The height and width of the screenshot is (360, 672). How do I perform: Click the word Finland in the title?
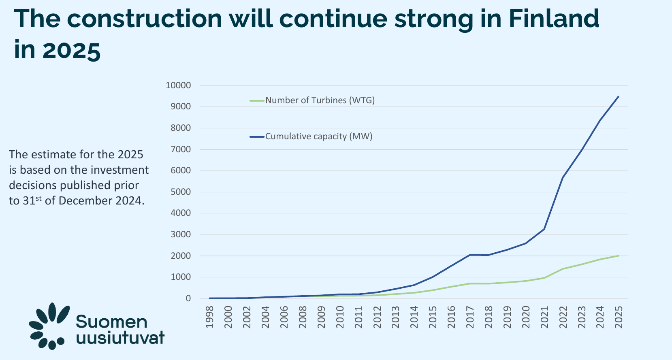pos(554,19)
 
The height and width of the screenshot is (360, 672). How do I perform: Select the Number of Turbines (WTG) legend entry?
pos(320,100)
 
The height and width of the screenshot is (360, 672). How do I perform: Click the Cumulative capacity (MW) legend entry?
pos(319,136)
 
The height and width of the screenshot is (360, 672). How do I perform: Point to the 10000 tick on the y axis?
pos(178,85)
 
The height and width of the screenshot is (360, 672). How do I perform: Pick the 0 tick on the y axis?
pos(188,298)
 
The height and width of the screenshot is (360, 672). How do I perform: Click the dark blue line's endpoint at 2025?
pos(619,96)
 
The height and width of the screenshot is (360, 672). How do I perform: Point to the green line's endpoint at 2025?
pos(619,256)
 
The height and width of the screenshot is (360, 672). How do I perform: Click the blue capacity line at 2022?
pos(563,177)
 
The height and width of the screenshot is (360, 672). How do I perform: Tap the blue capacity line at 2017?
pos(470,255)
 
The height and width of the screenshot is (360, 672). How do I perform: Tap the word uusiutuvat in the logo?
pos(120,338)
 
